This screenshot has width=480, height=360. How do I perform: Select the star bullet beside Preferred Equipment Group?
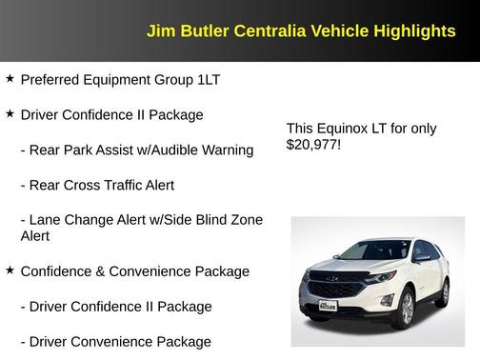tap(10, 78)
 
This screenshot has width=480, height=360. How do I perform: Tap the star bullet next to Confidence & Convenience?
tap(10, 270)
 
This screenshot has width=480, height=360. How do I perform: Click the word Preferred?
tap(50, 79)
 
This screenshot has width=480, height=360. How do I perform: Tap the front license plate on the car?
tap(328, 306)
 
